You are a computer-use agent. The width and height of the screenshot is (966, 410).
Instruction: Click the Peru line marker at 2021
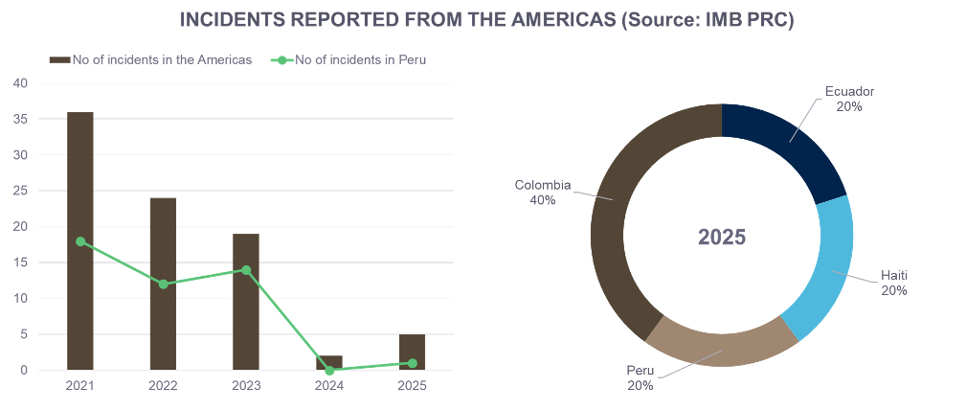pos(80,241)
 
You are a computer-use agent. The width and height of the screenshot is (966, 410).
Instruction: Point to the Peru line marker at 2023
pos(246,270)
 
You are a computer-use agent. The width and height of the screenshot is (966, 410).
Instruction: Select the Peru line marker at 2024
pos(329,370)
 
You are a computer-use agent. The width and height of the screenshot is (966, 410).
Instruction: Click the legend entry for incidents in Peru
pos(349,60)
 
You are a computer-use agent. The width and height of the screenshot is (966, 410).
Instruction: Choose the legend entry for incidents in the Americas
pos(151,60)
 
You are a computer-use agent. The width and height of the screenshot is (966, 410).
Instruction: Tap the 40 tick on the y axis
pos(20,83)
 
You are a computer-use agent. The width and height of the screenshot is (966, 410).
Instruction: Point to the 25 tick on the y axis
pos(20,191)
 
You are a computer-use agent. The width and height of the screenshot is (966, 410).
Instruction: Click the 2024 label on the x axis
pos(329,386)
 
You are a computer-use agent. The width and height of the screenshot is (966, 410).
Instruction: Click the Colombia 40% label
pos(543,193)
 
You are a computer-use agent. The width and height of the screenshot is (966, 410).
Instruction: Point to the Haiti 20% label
pos(894,283)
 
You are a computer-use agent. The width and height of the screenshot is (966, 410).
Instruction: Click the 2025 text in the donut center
pos(722,237)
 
